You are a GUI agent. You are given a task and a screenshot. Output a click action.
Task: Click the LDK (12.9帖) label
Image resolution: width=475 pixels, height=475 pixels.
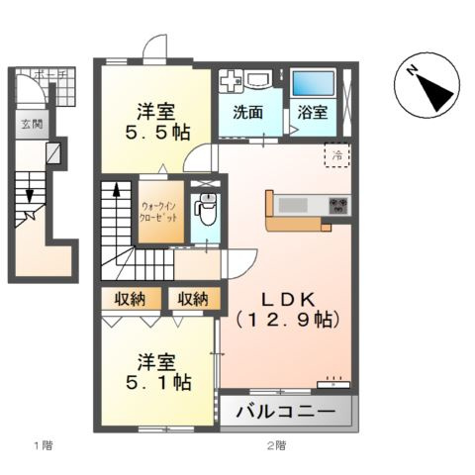coord(287,308)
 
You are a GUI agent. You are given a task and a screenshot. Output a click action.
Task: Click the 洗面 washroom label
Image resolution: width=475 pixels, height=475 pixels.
coord(248,113)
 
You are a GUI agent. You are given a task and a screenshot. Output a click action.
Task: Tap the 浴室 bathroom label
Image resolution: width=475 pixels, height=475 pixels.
coord(314,113)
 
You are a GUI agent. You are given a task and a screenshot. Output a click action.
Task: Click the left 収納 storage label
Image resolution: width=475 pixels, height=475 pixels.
coord(130,298)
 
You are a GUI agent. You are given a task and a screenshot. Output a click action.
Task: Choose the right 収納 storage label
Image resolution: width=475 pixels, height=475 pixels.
coord(193,298)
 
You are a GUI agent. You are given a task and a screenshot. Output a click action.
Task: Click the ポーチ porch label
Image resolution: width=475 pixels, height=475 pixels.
coord(46,74)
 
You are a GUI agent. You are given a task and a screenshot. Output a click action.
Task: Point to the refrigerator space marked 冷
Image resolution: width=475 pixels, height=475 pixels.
coord(336,154)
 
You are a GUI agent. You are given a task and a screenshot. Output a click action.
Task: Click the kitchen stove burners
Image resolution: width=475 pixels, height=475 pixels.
coord(339,206)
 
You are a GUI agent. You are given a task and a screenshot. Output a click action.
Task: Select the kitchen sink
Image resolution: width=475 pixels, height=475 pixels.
coord(294,205)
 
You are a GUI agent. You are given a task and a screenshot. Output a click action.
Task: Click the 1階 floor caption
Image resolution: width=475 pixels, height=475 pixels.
coord(41,446)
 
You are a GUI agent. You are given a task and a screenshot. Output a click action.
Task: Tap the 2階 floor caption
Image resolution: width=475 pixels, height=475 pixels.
coord(276,446)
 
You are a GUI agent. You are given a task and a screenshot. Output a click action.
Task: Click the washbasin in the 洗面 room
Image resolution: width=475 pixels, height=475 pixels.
coord(260,81)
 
